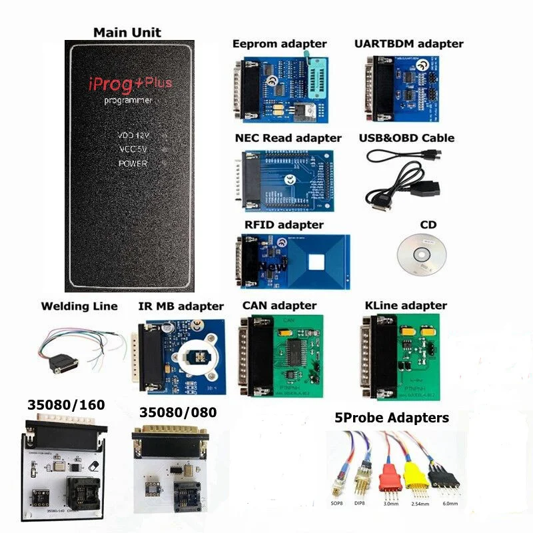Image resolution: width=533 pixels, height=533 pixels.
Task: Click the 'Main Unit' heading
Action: [x=127, y=32]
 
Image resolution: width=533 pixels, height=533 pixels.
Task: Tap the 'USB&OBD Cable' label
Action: [x=410, y=138]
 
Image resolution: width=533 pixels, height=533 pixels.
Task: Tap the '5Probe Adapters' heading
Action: [x=391, y=418]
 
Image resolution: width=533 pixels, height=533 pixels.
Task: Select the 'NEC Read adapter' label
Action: [x=288, y=138]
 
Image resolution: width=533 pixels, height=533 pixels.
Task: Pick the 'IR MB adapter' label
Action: [x=181, y=306]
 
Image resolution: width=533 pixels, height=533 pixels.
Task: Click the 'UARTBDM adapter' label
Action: [x=409, y=43]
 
